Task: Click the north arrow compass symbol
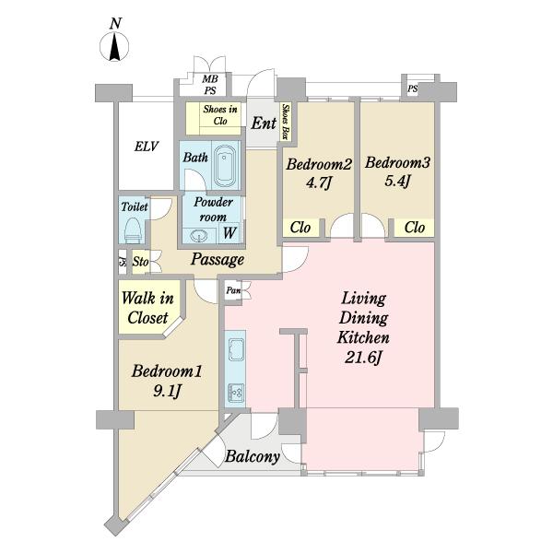[x=114, y=47]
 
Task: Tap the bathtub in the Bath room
[x=225, y=166]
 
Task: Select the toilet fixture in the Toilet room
[x=133, y=229]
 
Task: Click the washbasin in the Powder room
[x=199, y=236]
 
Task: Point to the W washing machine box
[x=229, y=233]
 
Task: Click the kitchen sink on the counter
[x=236, y=349]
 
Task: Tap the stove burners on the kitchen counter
[x=236, y=394]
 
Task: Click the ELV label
[x=146, y=147]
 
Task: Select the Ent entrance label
[x=264, y=124]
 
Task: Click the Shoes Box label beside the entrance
[x=286, y=122]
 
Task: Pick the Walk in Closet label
[x=147, y=308]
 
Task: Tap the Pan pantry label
[x=233, y=290]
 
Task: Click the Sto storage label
[x=140, y=262]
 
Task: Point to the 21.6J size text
[x=363, y=358]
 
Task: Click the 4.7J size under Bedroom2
[x=319, y=182]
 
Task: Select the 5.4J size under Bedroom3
[x=397, y=182]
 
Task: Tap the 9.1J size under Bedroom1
[x=167, y=391]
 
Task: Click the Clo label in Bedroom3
[x=415, y=228]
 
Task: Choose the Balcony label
[x=253, y=456]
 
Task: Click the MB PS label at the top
[x=210, y=85]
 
